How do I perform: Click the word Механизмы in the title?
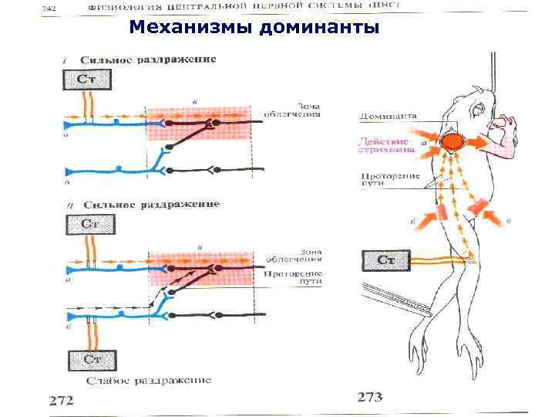click(x=192, y=29)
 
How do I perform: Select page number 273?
click(x=370, y=398)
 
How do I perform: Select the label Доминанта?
click(x=388, y=116)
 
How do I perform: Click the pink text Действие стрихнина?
click(x=388, y=147)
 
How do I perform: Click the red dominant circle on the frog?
click(x=453, y=144)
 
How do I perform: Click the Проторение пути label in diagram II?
click(x=290, y=278)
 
